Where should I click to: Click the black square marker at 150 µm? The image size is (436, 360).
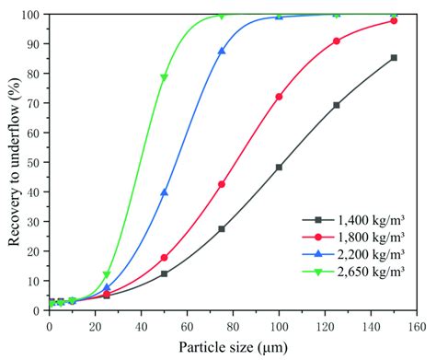pyautogui.click(x=394, y=58)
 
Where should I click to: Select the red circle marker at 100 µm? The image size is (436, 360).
pyautogui.click(x=279, y=97)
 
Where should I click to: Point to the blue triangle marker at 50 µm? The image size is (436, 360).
pyautogui.click(x=164, y=192)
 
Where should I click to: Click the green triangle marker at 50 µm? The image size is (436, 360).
pyautogui.click(x=164, y=77)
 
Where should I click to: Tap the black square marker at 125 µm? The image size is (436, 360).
pyautogui.click(x=337, y=105)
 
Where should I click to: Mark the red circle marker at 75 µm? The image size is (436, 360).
pyautogui.click(x=222, y=184)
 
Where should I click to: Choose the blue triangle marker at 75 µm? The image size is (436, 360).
pyautogui.click(x=222, y=52)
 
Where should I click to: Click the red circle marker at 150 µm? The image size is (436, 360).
pyautogui.click(x=394, y=20)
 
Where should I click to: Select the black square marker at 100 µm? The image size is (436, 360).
pyautogui.click(x=279, y=168)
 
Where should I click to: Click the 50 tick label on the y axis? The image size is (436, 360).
pyautogui.click(x=34, y=163)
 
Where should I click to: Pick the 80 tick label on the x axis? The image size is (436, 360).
pyautogui.click(x=233, y=325)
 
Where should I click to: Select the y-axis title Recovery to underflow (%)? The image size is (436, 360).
pyautogui.click(x=13, y=161)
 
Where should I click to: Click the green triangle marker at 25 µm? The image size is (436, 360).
pyautogui.click(x=107, y=274)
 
